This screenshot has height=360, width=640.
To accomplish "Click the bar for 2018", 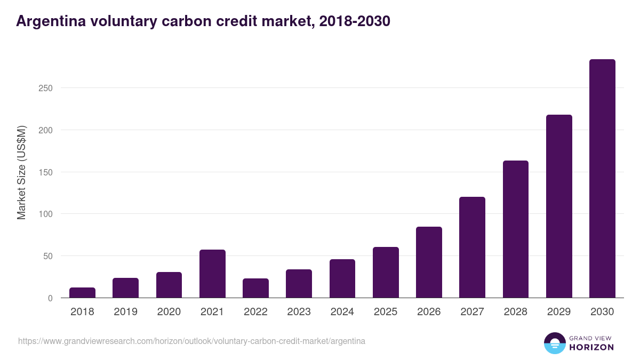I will [82, 293].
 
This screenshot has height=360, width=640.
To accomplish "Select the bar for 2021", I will [212, 274].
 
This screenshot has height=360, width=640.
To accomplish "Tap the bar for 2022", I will [255, 288].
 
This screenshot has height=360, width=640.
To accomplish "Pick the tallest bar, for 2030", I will [602, 179].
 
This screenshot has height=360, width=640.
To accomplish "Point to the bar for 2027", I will [472, 247].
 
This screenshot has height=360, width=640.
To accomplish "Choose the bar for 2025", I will [386, 273].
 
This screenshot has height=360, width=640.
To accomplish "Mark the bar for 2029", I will [559, 206].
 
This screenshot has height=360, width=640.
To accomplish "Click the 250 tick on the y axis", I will [45, 88].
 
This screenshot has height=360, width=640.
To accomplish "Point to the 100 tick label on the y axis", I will [45, 214].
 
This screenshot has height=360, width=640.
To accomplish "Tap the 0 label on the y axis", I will [50, 298].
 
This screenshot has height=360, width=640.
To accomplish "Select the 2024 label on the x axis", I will [342, 312].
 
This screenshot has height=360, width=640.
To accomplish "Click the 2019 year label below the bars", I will [125, 312].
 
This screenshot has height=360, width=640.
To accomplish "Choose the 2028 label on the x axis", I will [515, 312].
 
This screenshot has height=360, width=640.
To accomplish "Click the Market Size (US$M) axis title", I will [21, 172].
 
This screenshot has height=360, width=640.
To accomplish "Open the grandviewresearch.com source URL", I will [191, 341].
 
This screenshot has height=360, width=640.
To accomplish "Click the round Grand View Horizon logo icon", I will [555, 343].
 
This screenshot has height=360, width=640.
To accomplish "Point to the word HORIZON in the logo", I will [591, 347].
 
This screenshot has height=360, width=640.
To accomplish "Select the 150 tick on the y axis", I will [45, 172].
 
